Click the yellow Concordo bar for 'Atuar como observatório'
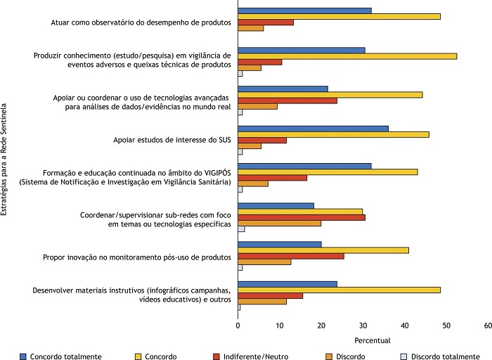click(x=339, y=16)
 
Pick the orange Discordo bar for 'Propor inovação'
click(x=264, y=262)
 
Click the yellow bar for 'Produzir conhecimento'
click(x=347, y=56)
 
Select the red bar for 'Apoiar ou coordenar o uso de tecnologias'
click(x=287, y=101)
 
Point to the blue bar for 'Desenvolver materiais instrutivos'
click(x=287, y=284)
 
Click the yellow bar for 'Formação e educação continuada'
click(x=328, y=172)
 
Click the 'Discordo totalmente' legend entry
click(x=446, y=356)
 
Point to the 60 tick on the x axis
click(x=488, y=326)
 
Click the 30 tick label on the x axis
click(x=363, y=326)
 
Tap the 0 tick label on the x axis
click(x=238, y=326)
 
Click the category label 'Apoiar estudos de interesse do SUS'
click(x=172, y=141)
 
